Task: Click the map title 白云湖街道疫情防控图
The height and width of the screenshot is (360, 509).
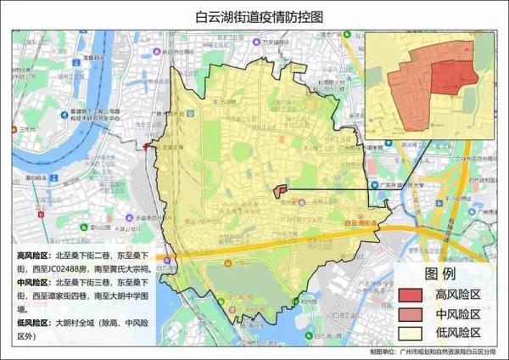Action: click(x=254, y=16)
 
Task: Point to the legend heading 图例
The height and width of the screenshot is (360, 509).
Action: click(x=440, y=275)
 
